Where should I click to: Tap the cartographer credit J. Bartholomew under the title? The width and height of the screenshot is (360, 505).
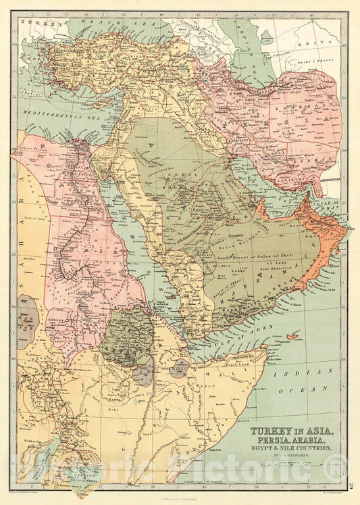[290, 456]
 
